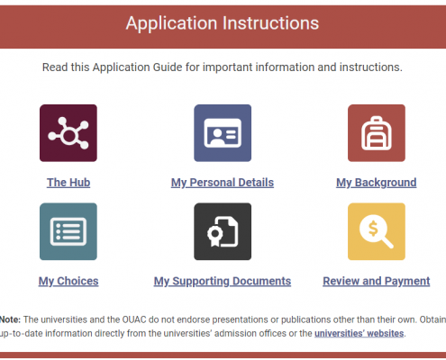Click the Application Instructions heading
pos(223,23)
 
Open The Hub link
pos(68,183)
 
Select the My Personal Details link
pos(223,183)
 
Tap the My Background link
pos(377,183)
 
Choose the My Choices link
pos(68,281)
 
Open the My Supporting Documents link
pos(223,281)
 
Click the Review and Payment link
pos(377,281)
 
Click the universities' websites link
pos(359,333)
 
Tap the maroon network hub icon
pos(68,133)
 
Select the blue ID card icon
pos(223,133)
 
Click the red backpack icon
pos(377,133)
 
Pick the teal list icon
pos(68,231)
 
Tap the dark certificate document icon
pos(223,231)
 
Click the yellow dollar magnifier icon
pos(377,231)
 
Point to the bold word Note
pos(10,319)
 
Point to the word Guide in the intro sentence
pos(168,67)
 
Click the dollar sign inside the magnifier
pos(373,229)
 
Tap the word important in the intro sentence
pos(228,67)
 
